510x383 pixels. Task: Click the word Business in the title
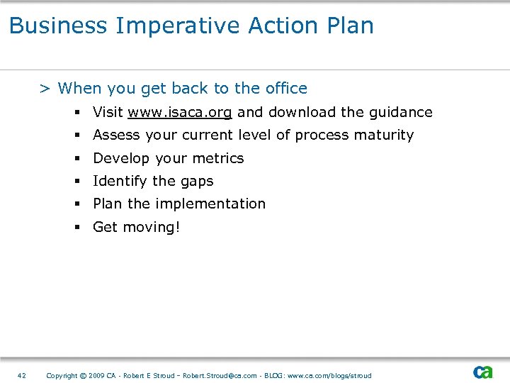click(x=58, y=26)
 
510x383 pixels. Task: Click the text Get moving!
click(x=136, y=227)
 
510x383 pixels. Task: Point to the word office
click(x=286, y=89)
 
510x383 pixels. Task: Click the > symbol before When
click(x=44, y=89)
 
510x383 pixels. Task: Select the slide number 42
click(x=21, y=375)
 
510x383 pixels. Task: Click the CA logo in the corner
click(x=483, y=372)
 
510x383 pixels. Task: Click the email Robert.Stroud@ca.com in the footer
click(x=220, y=375)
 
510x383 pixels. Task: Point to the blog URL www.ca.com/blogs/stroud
click(x=329, y=375)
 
